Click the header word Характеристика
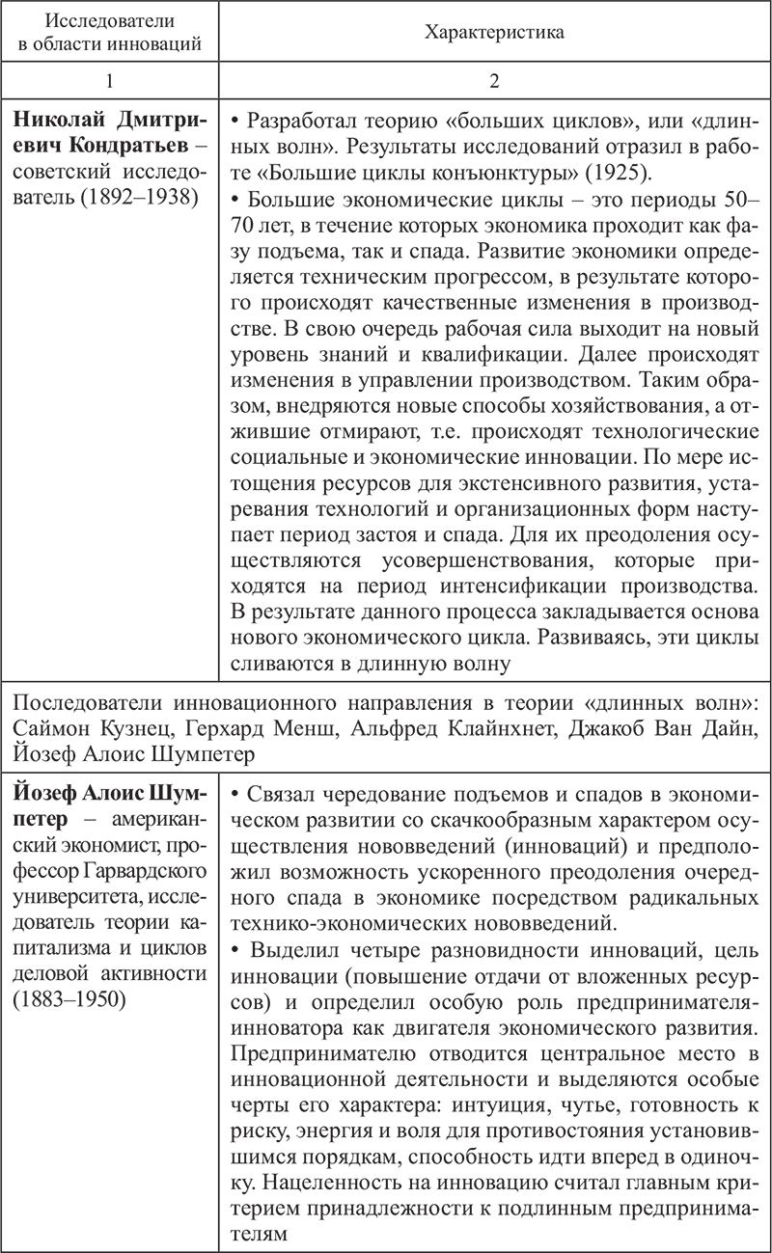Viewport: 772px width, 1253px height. pyautogui.click(x=494, y=32)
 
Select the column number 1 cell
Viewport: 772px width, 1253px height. pyautogui.click(x=109, y=81)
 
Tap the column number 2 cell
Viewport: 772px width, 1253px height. pyautogui.click(x=494, y=81)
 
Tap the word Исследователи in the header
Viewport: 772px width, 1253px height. pyautogui.click(x=110, y=21)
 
